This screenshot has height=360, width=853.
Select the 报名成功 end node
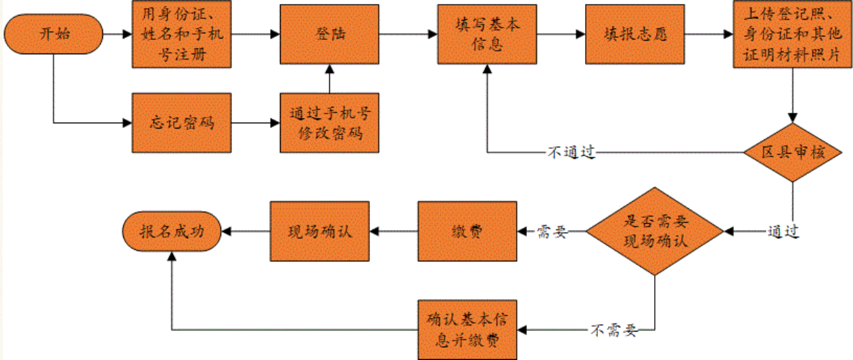[x=171, y=231]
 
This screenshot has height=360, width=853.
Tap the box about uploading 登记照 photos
[x=791, y=34]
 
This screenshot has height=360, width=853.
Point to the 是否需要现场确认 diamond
[x=654, y=231]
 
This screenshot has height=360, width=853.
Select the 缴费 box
[x=467, y=231]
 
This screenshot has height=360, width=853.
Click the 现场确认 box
[x=319, y=231]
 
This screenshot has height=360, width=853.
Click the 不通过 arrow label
[x=570, y=152]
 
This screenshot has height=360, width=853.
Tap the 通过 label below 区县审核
[x=784, y=231]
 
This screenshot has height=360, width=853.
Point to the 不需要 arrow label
[x=613, y=330]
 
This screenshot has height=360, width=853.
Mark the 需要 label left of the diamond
[x=551, y=231]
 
